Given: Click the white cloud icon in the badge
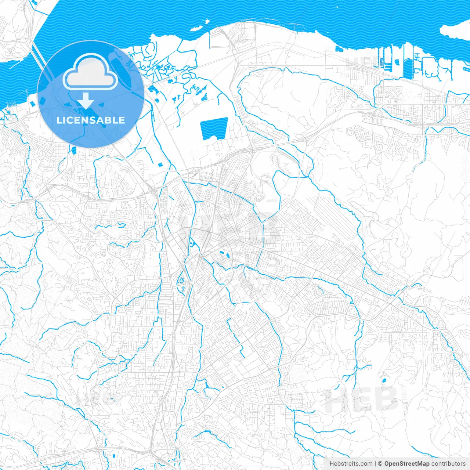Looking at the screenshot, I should pos(90,72).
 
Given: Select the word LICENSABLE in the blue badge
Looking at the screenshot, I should pos(91,120).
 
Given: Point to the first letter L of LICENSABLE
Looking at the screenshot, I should pos(59,120).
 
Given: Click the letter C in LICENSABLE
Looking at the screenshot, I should pos(70,120).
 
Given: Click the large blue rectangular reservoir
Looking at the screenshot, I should pos(214,129).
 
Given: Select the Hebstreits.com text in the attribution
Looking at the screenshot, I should pos(351,464).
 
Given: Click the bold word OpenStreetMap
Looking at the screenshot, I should pos(407,464).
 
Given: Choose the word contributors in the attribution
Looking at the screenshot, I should pos(448,464).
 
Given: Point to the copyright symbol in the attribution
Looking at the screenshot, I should pos(380,464).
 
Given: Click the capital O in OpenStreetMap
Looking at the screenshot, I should pos(387,464).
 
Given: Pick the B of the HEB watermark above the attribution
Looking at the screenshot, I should pos(386,399).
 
